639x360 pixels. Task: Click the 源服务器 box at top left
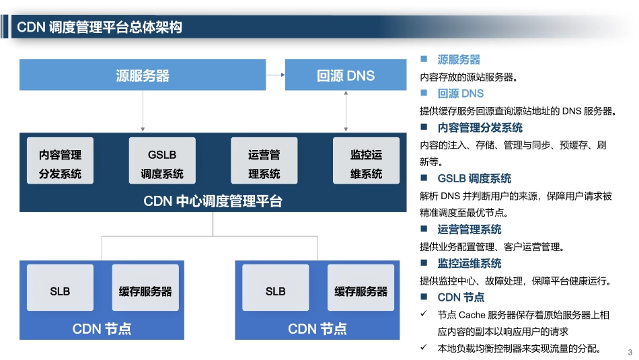point(143,75)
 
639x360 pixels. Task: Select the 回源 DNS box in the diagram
point(346,75)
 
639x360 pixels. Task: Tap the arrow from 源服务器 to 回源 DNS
point(275,75)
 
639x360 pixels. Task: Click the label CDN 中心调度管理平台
point(213,201)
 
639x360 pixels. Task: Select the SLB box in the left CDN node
point(60,291)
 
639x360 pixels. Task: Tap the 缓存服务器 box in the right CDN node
point(361,291)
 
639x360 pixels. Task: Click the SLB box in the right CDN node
point(275,291)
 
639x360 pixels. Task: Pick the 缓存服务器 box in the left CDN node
point(145,291)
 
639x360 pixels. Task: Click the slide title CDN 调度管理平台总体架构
point(100,27)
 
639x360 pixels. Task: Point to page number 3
point(630,353)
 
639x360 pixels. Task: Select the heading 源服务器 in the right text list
point(459,60)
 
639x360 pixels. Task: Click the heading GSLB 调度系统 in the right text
point(474,178)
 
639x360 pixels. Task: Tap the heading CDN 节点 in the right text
point(461,297)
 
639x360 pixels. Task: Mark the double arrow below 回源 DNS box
point(346,110)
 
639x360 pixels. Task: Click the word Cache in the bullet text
point(474,314)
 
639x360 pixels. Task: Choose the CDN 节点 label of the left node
point(102,328)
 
